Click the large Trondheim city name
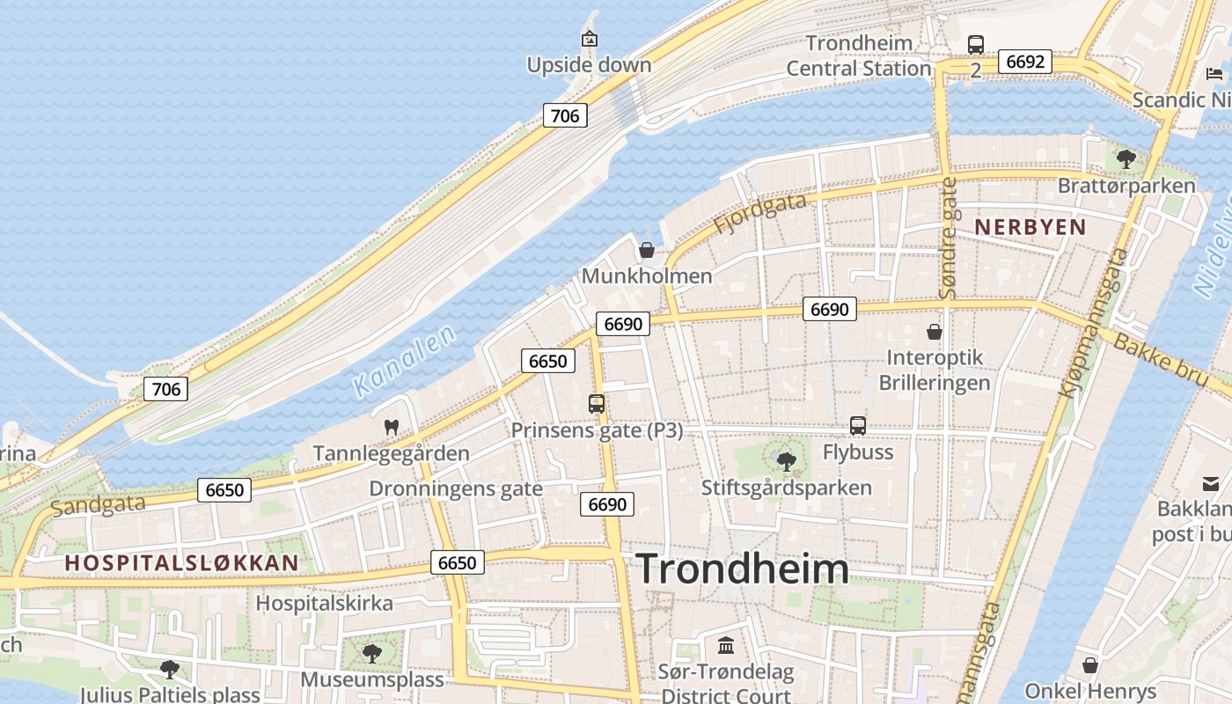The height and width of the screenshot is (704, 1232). (742, 568)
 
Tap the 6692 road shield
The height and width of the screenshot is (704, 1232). (1025, 62)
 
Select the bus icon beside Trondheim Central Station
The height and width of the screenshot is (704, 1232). (975, 44)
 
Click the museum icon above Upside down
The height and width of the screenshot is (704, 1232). (590, 39)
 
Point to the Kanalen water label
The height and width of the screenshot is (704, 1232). (404, 360)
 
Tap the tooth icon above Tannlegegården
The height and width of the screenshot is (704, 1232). (392, 427)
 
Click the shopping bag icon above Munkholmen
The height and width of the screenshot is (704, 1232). (647, 250)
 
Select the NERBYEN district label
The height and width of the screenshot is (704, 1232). (1030, 226)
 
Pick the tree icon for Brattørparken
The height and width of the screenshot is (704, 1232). (1126, 159)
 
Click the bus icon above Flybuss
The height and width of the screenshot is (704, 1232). (858, 426)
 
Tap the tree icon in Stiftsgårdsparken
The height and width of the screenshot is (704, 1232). (786, 461)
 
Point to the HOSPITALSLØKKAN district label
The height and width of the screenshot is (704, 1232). (181, 562)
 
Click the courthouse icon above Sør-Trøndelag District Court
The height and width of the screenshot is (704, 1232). (726, 646)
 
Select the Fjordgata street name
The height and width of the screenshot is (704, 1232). (759, 213)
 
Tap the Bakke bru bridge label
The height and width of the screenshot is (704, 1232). (1159, 357)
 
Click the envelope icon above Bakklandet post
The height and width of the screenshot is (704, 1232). (1211, 482)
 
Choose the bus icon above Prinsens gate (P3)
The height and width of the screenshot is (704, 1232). (597, 404)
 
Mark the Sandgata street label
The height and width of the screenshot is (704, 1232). (98, 504)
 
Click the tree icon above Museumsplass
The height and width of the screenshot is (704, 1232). (372, 653)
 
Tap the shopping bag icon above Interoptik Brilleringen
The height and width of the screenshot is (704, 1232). (935, 332)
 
